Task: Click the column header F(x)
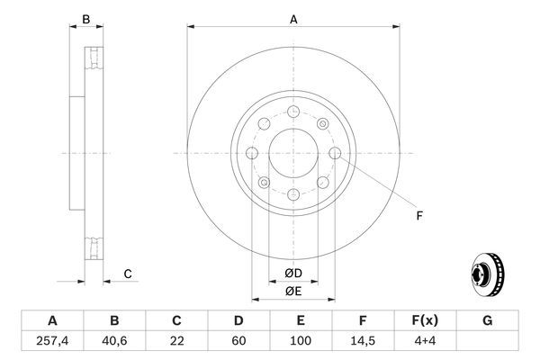pos(425,319)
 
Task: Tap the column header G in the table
pos(487,319)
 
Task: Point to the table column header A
pos(51,319)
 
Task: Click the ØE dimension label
pos(293,291)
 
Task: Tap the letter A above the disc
pos(293,18)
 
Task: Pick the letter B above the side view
pos(86,18)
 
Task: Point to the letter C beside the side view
pos(128,274)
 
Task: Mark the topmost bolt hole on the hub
pos(293,112)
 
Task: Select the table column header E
pos(301,319)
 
